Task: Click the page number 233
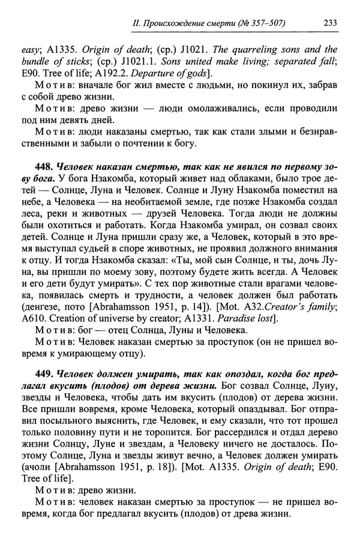click(x=328, y=23)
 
